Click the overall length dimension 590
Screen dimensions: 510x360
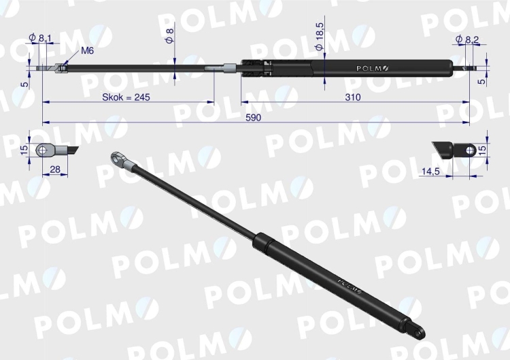[253, 118]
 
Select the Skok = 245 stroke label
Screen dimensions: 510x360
[126, 97]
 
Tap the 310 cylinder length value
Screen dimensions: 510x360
[353, 97]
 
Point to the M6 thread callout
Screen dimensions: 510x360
[87, 50]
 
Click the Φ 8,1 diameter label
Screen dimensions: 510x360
[40, 37]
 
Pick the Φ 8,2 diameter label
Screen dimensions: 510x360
[467, 39]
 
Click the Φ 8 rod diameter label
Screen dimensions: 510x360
[169, 35]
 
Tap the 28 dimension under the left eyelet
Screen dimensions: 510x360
[55, 169]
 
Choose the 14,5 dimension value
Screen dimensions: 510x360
[430, 171]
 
